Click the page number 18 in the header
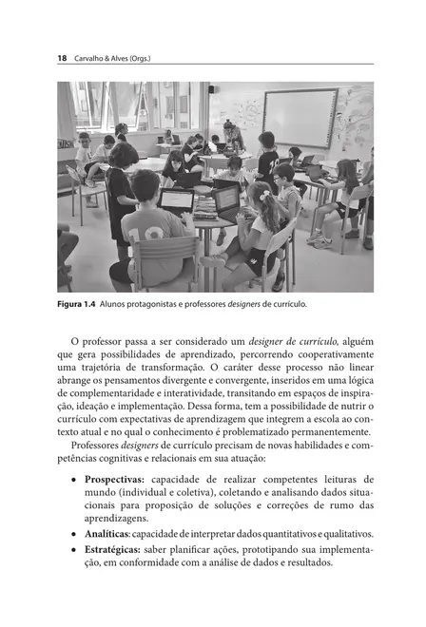[62, 58]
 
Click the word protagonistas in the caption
[159, 304]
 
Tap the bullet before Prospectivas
[74, 480]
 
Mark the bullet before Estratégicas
[74, 548]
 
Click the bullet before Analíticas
[74, 534]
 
